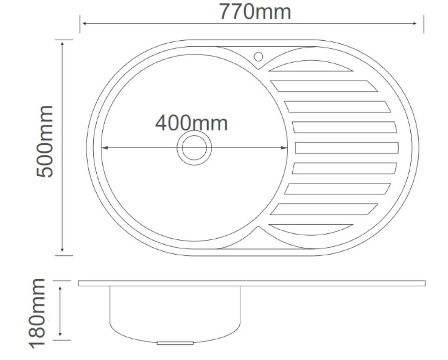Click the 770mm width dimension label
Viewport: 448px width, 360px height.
[x=255, y=12]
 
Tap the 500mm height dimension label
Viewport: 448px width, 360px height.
[x=44, y=142]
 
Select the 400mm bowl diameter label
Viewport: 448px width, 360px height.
[x=192, y=123]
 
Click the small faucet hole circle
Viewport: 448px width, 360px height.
[x=258, y=57]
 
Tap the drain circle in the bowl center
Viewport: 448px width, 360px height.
[x=194, y=148]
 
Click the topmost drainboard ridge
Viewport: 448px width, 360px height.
[x=311, y=66]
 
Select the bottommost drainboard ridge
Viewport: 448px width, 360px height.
[x=311, y=230]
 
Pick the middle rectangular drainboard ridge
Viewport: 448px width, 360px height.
[x=347, y=148]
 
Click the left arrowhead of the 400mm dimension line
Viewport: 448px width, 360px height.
[x=105, y=148]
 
